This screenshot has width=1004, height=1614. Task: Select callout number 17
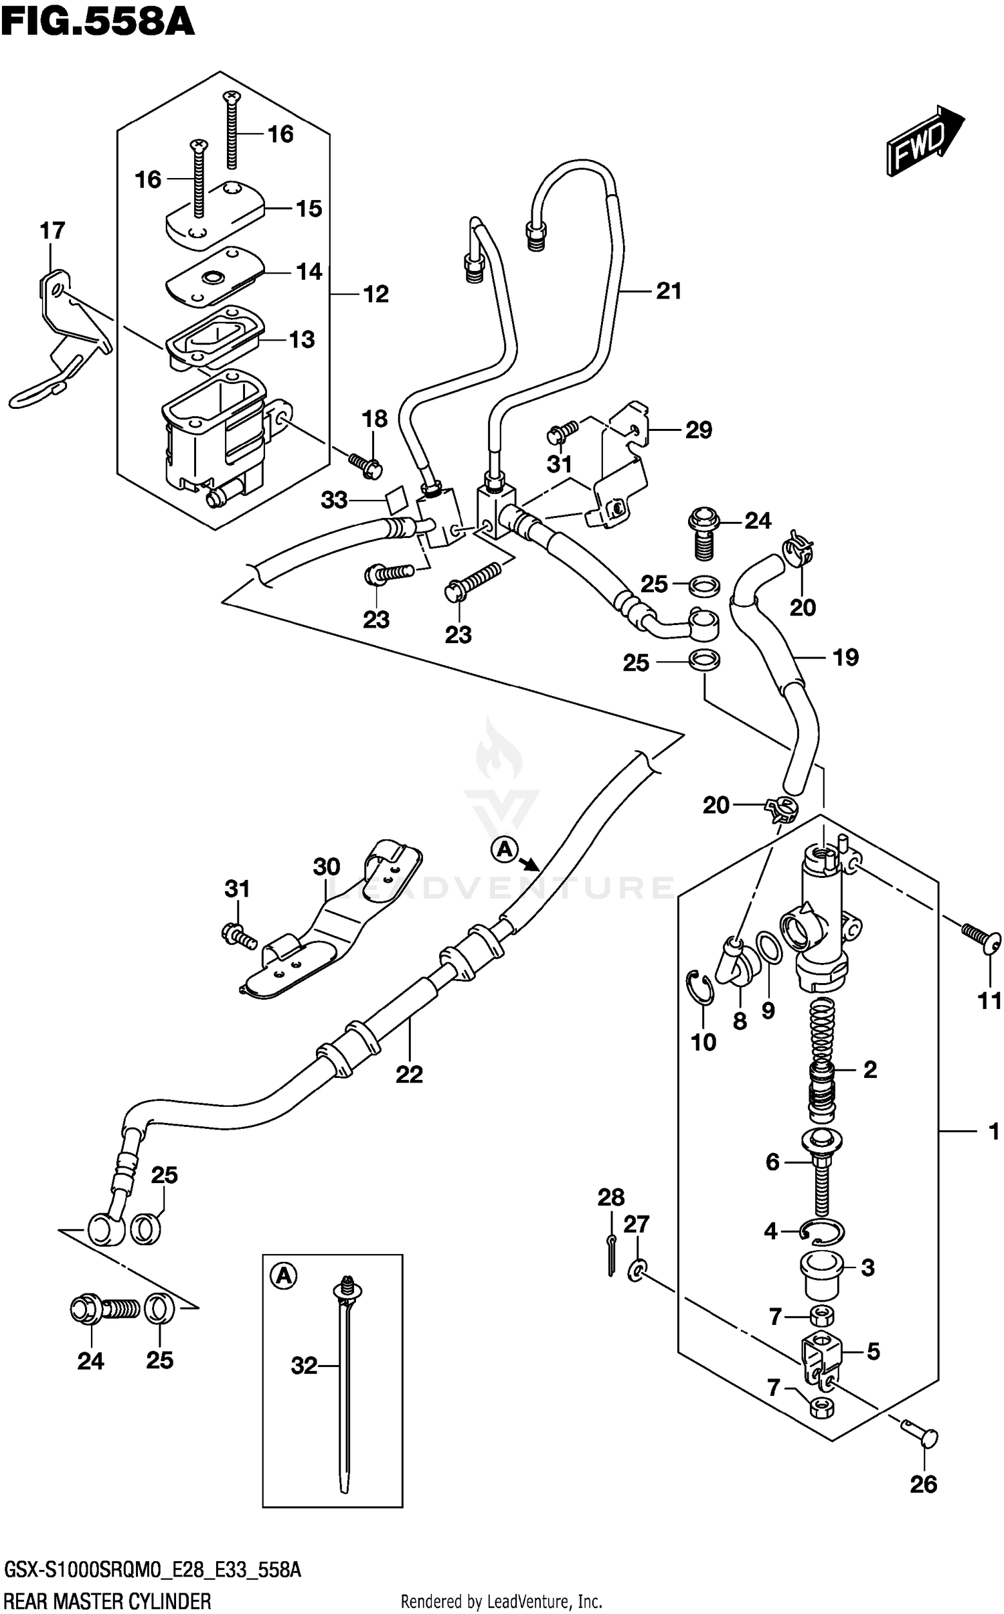pyautogui.click(x=52, y=231)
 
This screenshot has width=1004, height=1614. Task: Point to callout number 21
pyautogui.click(x=669, y=291)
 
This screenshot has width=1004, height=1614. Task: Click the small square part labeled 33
pyautogui.click(x=396, y=497)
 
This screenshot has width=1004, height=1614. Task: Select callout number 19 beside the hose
pyautogui.click(x=845, y=657)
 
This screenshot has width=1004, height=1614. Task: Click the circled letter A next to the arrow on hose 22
pyautogui.click(x=504, y=850)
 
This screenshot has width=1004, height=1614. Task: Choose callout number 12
pyautogui.click(x=375, y=294)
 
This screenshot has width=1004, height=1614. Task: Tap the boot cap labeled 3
pyautogui.click(x=821, y=1269)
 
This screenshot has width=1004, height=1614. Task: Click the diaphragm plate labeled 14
pyautogui.click(x=214, y=276)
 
